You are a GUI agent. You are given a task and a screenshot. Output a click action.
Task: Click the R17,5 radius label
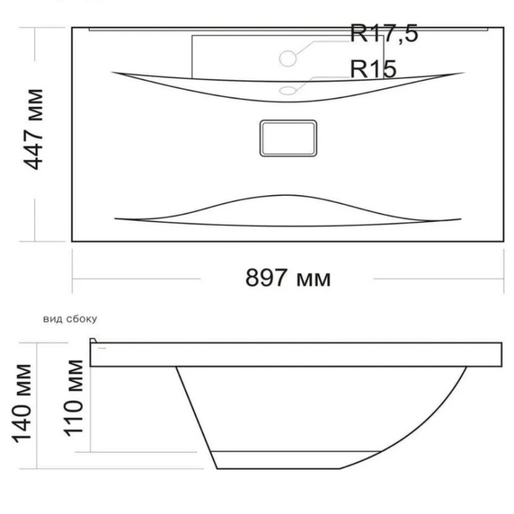click(x=384, y=33)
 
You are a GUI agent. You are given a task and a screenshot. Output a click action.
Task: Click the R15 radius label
click(x=373, y=69)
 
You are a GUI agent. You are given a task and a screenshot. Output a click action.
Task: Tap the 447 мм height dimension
click(x=34, y=129)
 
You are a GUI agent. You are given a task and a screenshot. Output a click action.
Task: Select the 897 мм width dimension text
click(x=288, y=278)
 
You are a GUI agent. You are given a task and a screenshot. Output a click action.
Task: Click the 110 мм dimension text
click(x=74, y=398)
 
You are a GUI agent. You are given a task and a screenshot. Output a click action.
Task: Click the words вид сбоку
click(x=70, y=319)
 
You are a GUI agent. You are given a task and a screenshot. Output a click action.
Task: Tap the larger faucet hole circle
click(x=288, y=59)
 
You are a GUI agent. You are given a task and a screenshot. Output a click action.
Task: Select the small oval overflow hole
click(x=288, y=90)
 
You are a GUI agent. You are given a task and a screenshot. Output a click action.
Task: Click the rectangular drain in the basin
click(x=288, y=138)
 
